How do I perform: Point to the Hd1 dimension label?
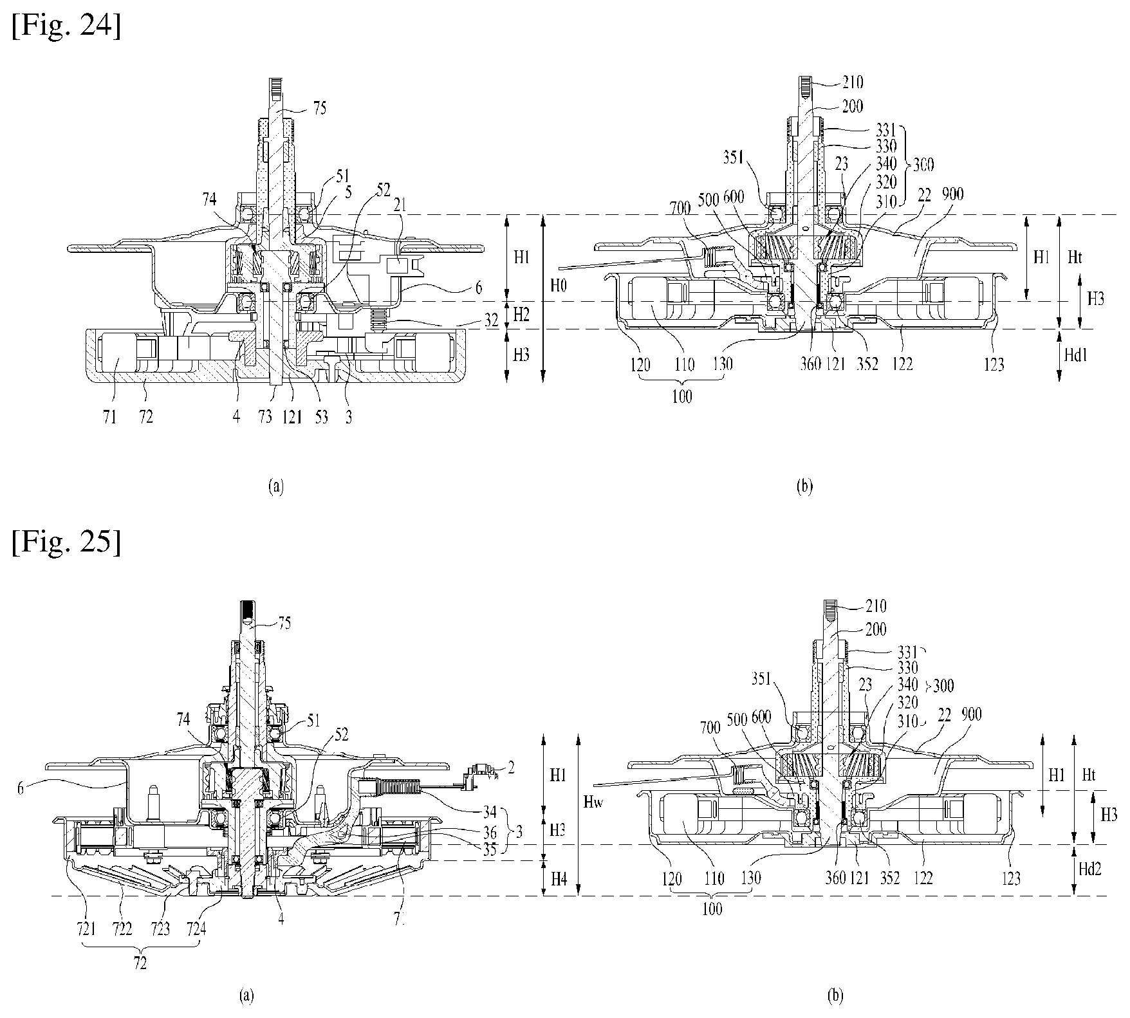[1088, 354]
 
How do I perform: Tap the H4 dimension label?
[557, 877]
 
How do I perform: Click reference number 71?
[109, 417]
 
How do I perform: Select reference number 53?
[320, 417]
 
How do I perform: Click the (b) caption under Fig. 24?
[804, 487]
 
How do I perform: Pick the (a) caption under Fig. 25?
[245, 997]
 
